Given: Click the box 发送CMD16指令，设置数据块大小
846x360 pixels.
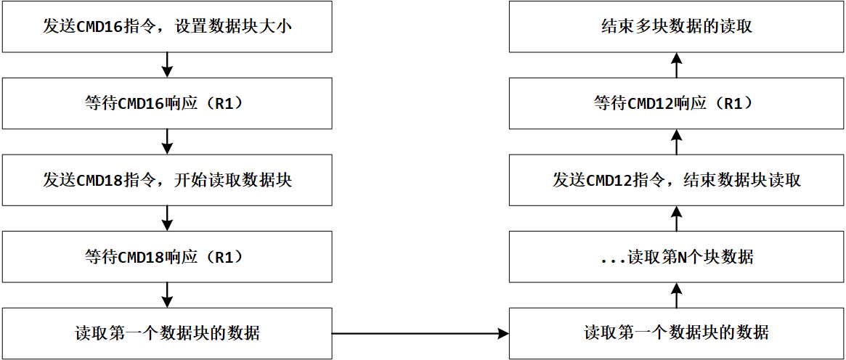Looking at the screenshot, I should click(x=168, y=27).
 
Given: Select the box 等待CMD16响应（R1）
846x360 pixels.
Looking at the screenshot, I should click(x=168, y=103).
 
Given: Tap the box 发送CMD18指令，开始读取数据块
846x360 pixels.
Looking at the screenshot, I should click(x=168, y=180).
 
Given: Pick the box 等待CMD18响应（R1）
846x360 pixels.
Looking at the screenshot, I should click(x=168, y=257).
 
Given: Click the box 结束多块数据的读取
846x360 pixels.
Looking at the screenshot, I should click(x=677, y=27).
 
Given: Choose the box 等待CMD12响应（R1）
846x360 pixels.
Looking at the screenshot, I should click(x=677, y=103).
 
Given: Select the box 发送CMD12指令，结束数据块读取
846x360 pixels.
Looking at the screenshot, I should click(x=677, y=180).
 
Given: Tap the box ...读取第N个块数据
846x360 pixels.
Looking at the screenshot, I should click(x=677, y=257).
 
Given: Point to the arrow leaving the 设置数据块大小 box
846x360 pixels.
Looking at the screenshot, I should click(x=168, y=65).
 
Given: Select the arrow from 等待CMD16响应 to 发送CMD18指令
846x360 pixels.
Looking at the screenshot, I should click(x=168, y=142).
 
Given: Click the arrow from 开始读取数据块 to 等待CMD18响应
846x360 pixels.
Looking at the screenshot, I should click(x=168, y=218).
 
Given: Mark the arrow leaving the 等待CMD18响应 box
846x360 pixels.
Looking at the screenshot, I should click(x=168, y=295).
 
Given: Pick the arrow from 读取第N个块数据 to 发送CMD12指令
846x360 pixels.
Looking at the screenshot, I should click(x=677, y=218).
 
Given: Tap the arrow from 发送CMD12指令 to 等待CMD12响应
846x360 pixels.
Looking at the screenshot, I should click(x=677, y=142).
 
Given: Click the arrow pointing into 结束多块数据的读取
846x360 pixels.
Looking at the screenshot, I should click(x=677, y=65).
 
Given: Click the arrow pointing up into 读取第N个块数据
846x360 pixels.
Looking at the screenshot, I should click(x=677, y=295).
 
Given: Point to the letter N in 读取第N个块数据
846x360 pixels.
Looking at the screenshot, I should click(x=682, y=257).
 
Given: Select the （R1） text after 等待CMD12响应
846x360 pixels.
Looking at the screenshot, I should click(x=733, y=103).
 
